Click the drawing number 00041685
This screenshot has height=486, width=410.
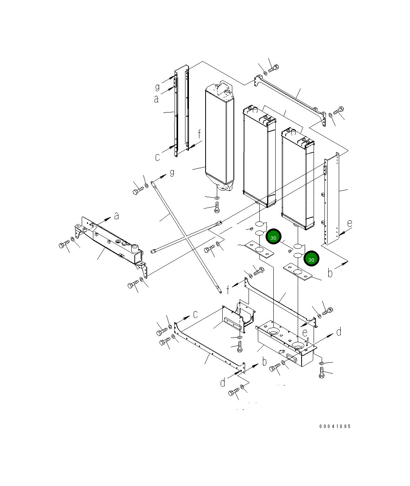(x=335, y=426)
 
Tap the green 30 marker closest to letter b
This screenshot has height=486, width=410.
(x=311, y=259)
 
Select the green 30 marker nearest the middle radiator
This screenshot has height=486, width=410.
(x=273, y=237)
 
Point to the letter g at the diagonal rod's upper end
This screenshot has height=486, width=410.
(x=172, y=172)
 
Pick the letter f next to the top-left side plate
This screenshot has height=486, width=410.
(x=199, y=134)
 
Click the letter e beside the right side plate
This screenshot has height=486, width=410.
(x=350, y=223)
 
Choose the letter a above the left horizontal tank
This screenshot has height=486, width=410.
(x=116, y=217)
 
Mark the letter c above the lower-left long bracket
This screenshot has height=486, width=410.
(x=196, y=314)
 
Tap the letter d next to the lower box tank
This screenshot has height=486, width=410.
(x=339, y=331)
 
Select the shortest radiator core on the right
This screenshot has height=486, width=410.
(x=298, y=178)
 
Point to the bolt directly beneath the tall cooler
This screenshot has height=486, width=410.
(x=217, y=208)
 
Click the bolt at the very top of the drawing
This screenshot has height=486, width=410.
(x=273, y=68)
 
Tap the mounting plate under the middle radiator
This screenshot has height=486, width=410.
(x=259, y=250)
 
